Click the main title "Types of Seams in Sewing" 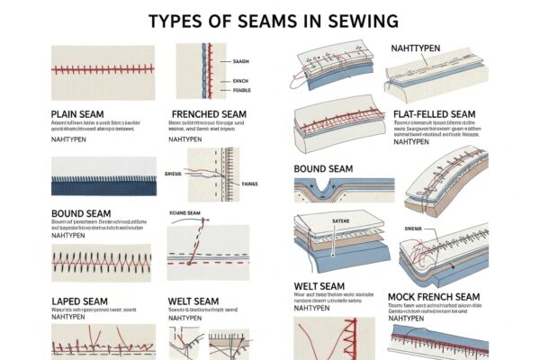269,21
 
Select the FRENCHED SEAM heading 209,114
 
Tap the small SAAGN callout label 241,61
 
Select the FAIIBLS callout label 241,91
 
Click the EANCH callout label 240,81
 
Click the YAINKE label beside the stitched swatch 249,183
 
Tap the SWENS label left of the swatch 174,173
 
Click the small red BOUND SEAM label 184,212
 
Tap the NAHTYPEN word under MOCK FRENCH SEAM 408,317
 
